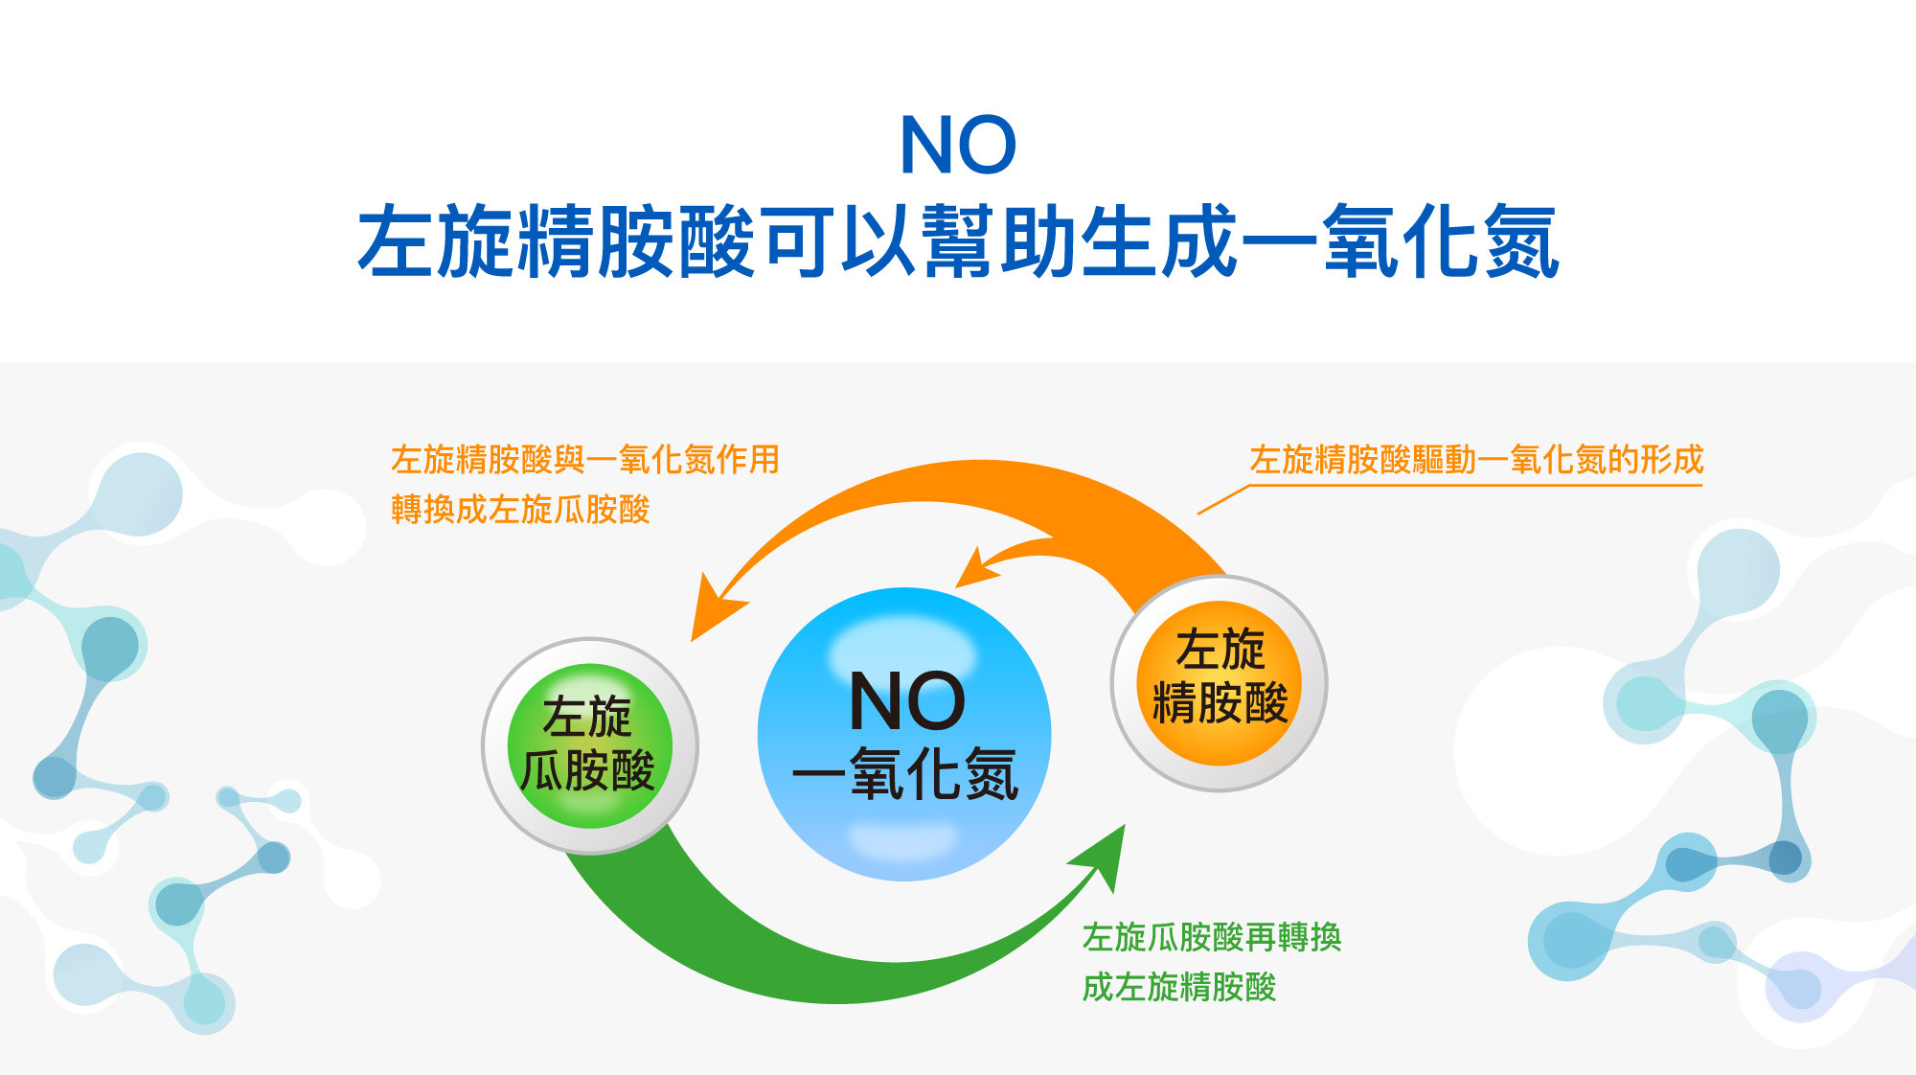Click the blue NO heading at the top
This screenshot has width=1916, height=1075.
click(958, 145)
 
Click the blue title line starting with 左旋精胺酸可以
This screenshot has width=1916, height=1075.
click(958, 241)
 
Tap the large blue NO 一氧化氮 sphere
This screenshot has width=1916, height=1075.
click(904, 734)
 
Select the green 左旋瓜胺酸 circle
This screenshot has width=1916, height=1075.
click(589, 745)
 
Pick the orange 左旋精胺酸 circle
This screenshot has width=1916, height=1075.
click(1219, 683)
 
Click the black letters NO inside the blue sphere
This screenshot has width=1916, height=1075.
click(907, 701)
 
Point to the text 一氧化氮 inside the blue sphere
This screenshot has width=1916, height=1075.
click(905, 773)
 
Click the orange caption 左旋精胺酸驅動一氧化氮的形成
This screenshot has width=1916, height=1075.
click(1476, 460)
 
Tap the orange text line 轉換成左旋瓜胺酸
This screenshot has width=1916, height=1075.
click(520, 509)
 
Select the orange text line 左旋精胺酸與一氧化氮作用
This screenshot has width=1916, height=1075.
click(585, 460)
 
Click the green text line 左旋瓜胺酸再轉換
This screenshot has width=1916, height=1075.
click(1212, 937)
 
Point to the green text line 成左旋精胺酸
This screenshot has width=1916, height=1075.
click(1179, 987)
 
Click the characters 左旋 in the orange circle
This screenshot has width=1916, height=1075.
click(1220, 650)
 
